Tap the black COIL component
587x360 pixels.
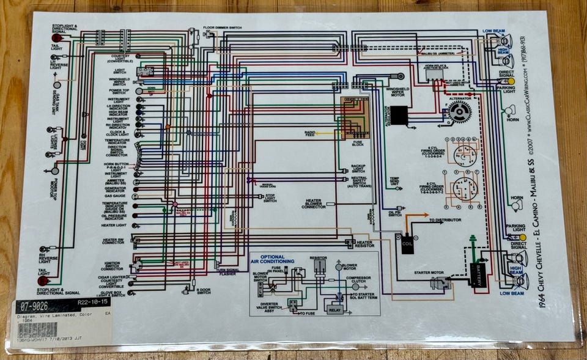click(x=407, y=243)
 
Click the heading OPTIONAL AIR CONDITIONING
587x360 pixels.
click(x=277, y=259)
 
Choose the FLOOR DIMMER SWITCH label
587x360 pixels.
click(x=226, y=28)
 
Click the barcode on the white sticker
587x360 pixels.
click(x=37, y=330)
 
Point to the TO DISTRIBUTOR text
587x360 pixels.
click(x=443, y=220)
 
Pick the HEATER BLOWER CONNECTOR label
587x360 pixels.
click(x=313, y=204)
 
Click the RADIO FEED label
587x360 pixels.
click(x=310, y=133)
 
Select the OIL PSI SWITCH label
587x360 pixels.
click(x=395, y=213)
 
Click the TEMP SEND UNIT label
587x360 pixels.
click(x=394, y=181)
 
